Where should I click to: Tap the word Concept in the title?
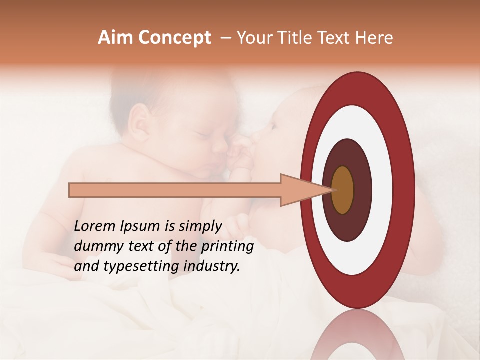(x=174, y=38)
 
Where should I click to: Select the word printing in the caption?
(x=227, y=246)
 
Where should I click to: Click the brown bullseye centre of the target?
(x=342, y=190)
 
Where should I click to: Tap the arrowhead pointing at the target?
(x=305, y=190)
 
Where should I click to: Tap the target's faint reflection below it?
(x=358, y=335)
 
